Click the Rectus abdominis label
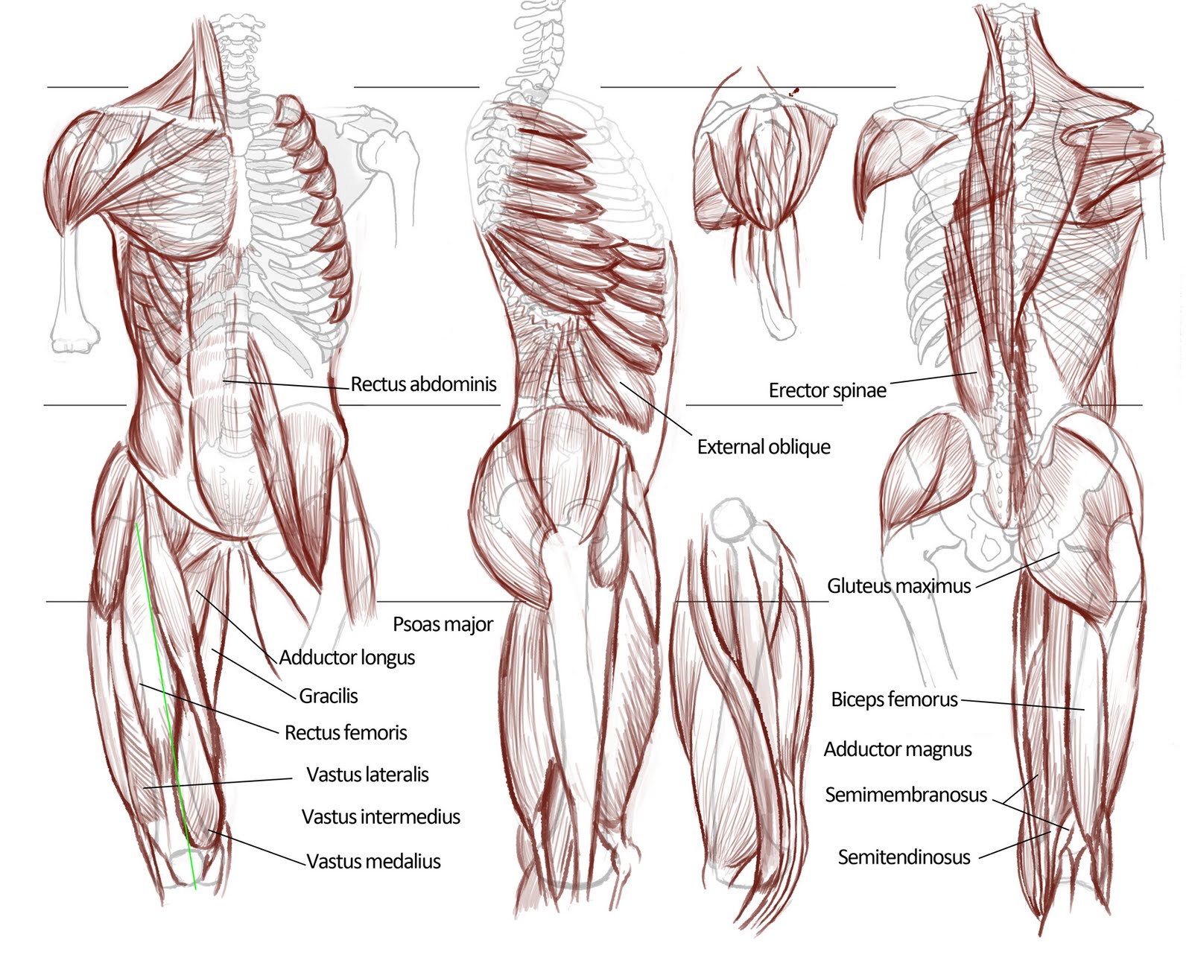423,384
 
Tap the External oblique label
764,447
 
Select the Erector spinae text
827,390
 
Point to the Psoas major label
443,624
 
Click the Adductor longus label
347,658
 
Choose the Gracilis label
329,696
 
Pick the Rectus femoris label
346,733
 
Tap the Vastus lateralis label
367,775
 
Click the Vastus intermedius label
381,817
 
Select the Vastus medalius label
373,862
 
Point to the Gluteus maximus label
898,586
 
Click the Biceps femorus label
894,699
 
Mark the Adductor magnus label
897,749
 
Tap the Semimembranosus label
905,795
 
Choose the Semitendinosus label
904,857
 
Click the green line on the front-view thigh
166,708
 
